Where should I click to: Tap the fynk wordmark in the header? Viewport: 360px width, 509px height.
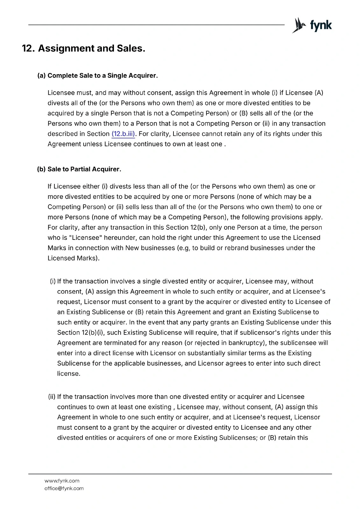pyautogui.click(x=321, y=25)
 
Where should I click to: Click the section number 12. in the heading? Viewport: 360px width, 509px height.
pyautogui.click(x=28, y=48)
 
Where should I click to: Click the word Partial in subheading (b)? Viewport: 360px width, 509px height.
pyautogui.click(x=81, y=169)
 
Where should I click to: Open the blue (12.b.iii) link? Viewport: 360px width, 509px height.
pyautogui.click(x=123, y=134)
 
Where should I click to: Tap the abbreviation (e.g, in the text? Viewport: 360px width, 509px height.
pyautogui.click(x=184, y=248)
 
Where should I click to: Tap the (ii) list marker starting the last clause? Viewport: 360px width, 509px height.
pyautogui.click(x=52, y=397)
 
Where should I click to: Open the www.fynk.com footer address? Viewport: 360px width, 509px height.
pyautogui.click(x=62, y=481)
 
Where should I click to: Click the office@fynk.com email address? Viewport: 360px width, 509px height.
pyautogui.click(x=64, y=488)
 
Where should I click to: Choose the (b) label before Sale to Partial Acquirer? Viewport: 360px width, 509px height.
pyautogui.click(x=41, y=169)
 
